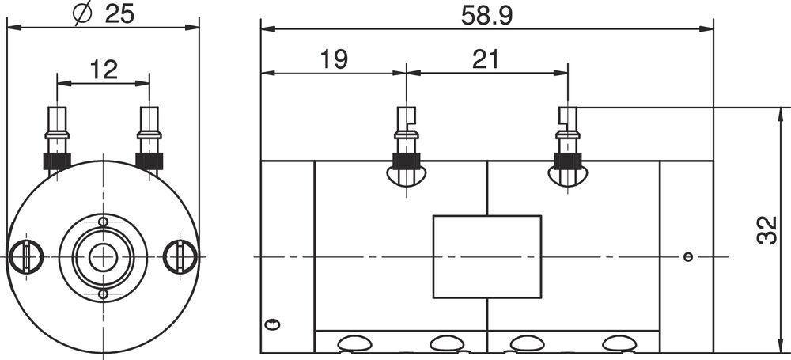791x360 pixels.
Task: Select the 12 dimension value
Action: click(x=104, y=70)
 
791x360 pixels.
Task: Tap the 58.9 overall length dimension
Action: click(x=486, y=16)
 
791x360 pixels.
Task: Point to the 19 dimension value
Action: click(x=334, y=59)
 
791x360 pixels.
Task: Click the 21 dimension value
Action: click(x=486, y=59)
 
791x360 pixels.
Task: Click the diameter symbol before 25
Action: click(x=82, y=13)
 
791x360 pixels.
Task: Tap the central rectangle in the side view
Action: click(x=487, y=257)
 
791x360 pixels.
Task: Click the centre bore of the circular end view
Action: click(x=103, y=257)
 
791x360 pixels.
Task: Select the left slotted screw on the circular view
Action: click(x=26, y=257)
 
